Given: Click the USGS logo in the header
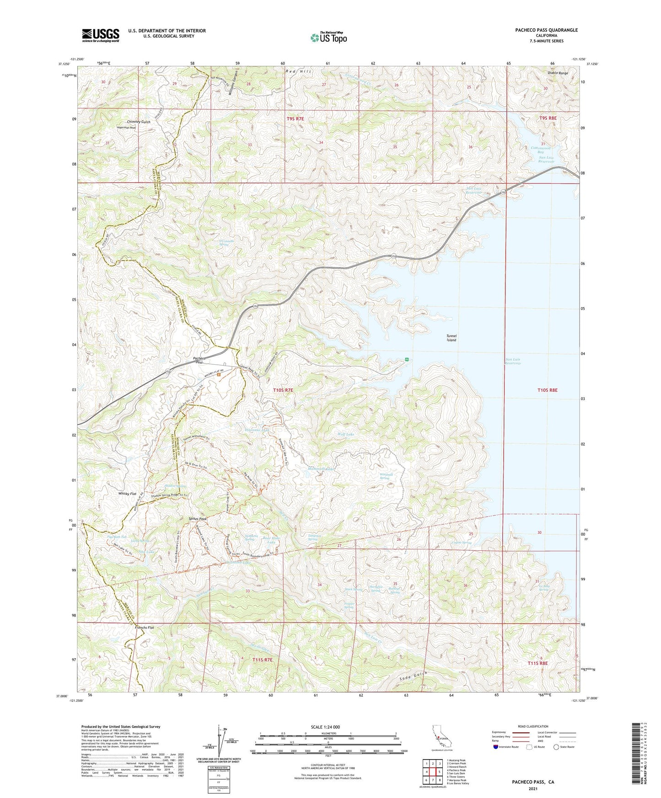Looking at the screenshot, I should (101, 35).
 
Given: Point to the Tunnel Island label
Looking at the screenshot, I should (451, 338).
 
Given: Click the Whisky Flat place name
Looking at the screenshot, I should (127, 494).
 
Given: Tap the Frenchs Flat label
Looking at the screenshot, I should (145, 628).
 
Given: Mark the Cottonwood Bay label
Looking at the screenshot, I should (540, 150).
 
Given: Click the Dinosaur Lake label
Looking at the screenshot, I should (258, 430).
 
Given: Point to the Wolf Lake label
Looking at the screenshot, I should (345, 434).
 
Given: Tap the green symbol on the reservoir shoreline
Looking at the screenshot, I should (407, 360).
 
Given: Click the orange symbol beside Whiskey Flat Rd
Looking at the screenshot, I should (219, 375).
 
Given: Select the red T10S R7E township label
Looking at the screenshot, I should (283, 390).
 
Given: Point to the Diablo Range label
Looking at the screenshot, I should (557, 73).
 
